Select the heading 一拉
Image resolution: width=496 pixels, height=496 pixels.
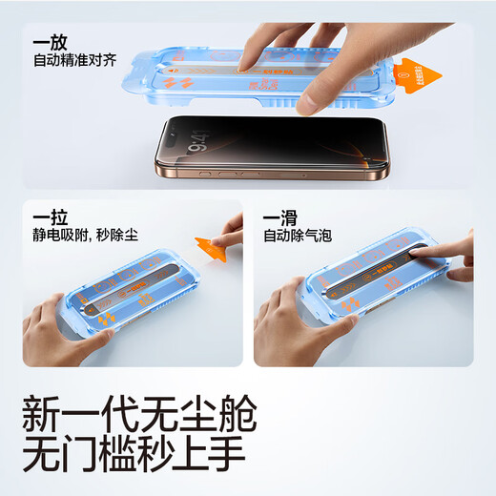pos(46,217)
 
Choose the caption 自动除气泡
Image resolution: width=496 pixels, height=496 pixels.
pos(298,235)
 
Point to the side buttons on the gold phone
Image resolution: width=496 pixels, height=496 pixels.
pos(229,175)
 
